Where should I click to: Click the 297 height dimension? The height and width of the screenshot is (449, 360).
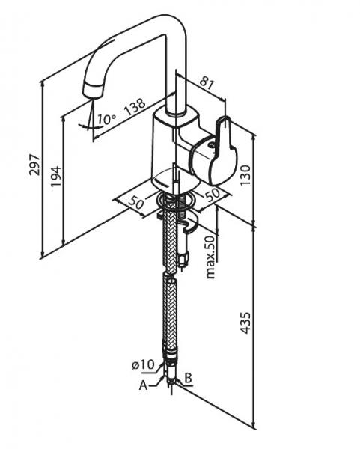[x=35, y=165]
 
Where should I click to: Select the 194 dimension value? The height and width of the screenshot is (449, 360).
[x=56, y=177]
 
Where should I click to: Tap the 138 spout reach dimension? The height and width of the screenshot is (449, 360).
[x=135, y=106]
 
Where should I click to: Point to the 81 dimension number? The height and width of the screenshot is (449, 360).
[x=207, y=83]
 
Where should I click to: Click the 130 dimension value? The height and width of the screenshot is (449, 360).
[x=245, y=175]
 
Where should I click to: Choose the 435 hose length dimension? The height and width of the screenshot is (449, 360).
[x=245, y=323]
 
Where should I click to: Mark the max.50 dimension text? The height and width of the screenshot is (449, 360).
[x=210, y=257]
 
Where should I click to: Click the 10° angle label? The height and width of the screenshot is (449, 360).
[x=106, y=119]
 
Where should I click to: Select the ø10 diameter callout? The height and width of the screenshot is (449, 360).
[x=143, y=365]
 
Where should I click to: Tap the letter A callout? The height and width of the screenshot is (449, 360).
[x=143, y=385]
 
